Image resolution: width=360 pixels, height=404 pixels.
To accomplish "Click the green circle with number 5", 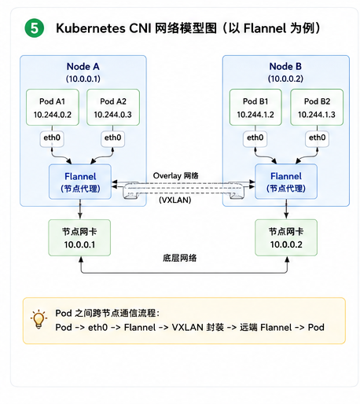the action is click(35, 28).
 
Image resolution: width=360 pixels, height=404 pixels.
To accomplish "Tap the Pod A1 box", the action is click(53, 108).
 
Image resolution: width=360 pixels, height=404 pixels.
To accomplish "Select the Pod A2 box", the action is click(113, 108).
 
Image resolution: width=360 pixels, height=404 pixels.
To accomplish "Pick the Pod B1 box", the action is click(255, 108).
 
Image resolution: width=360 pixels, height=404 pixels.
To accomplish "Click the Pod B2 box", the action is click(317, 108).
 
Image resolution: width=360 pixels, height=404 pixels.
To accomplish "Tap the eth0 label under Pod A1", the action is click(52, 138).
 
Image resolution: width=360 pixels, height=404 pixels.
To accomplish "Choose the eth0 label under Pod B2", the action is click(317, 138).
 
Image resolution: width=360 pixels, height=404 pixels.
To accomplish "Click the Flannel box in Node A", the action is click(80, 182).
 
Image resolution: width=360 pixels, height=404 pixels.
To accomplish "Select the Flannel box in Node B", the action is click(286, 182).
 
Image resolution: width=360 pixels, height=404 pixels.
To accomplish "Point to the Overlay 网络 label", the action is click(176, 175).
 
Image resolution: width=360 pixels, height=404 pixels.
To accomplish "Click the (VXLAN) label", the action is click(175, 200).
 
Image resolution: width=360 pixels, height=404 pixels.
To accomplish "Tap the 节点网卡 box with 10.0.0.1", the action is click(79, 237).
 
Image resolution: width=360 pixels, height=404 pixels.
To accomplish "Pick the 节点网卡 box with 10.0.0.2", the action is click(286, 237).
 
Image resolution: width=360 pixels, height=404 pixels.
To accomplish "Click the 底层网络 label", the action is click(180, 258).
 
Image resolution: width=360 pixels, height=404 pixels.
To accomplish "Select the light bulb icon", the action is click(39, 319).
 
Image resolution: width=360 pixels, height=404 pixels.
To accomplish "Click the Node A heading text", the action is click(83, 67).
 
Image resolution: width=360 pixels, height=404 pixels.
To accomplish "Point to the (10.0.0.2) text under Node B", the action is click(285, 79).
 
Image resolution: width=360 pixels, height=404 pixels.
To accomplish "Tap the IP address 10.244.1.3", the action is click(317, 115).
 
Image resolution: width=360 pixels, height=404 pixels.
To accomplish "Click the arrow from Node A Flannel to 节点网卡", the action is click(80, 209).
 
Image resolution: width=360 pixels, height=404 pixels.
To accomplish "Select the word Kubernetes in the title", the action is click(90, 28).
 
